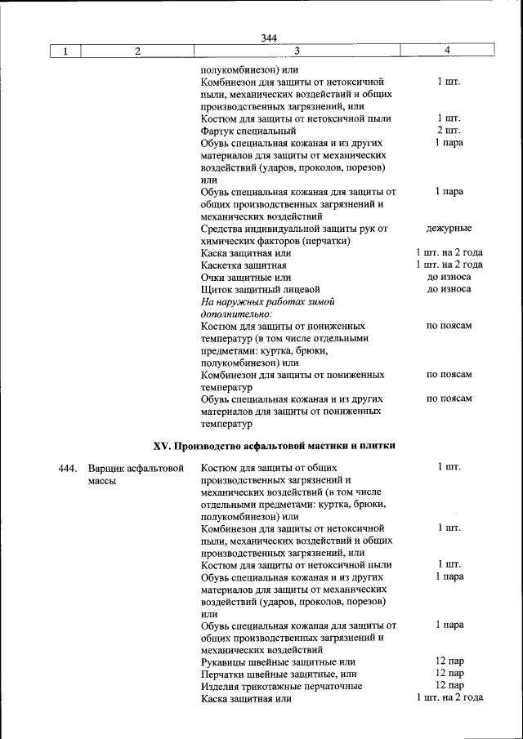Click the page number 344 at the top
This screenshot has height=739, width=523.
270,38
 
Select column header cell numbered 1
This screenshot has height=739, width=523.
65,51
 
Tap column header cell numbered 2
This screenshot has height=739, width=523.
137,51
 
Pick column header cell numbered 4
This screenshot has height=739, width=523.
448,51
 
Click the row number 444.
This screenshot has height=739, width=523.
68,468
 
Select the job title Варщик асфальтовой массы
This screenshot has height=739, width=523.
134,474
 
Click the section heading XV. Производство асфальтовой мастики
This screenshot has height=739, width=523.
275,446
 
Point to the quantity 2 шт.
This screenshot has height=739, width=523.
449,131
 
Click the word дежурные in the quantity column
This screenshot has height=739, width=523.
449,229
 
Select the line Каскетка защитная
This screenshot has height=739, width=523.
244,265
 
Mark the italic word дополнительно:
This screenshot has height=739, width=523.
236,314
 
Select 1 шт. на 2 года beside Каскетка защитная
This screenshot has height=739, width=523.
449,265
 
